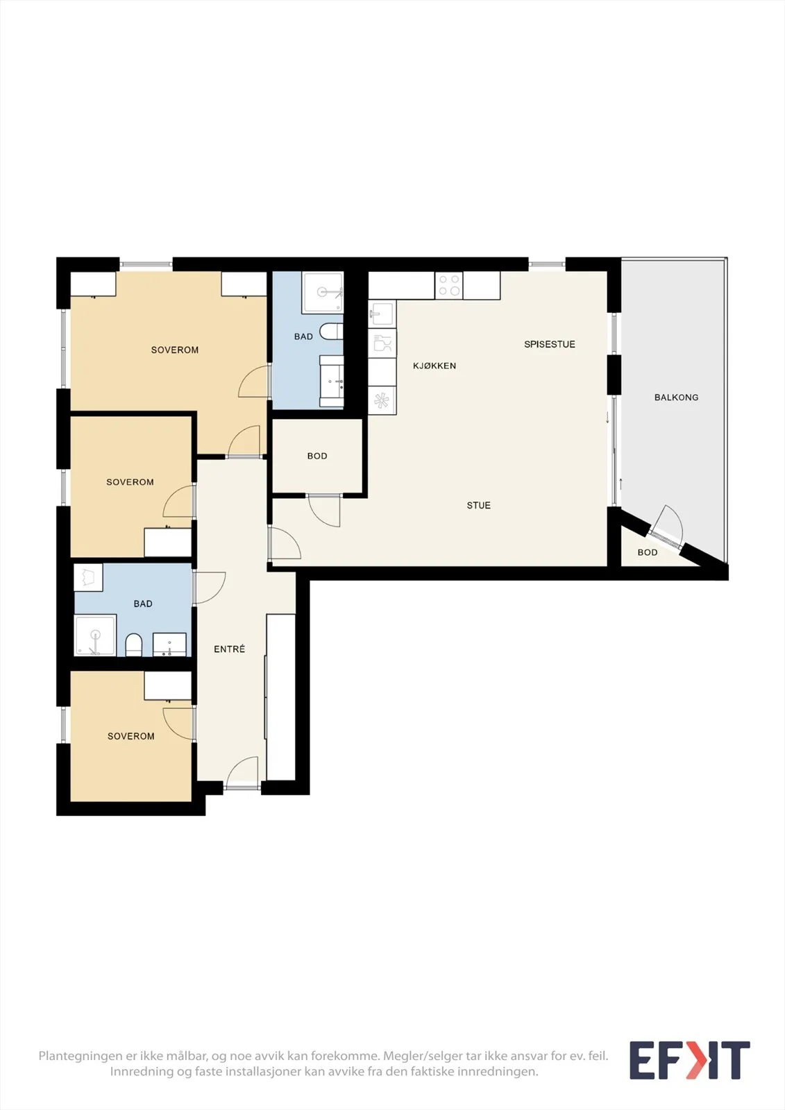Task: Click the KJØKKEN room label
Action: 434,366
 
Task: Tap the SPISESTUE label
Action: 550,344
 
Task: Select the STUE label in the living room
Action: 478,506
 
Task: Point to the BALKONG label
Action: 677,397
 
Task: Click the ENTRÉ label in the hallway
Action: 230,649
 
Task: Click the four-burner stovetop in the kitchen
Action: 449,285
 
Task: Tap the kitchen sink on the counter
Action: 382,314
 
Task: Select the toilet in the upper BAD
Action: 331,332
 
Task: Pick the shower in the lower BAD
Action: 95,635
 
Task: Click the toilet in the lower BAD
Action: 134,644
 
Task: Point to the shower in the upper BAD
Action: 323,292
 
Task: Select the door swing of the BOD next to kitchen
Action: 324,511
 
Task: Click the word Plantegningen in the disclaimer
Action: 79,1056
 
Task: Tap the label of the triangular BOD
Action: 648,552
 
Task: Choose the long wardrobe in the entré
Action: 281,697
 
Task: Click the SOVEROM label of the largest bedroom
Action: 174,350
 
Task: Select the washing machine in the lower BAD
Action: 88,577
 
